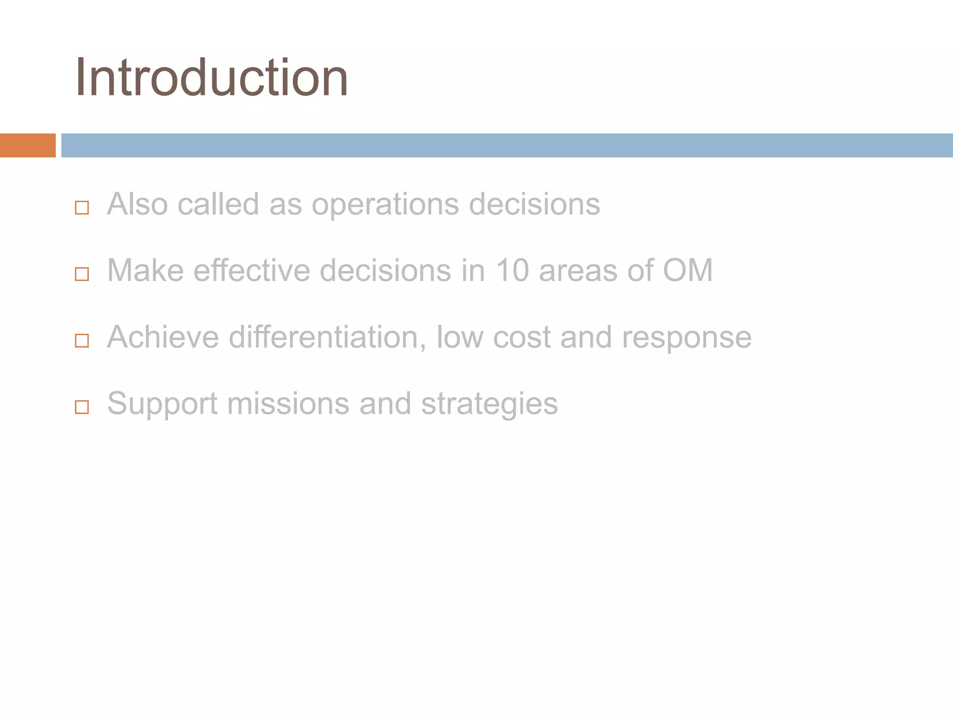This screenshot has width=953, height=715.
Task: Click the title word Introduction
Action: click(212, 77)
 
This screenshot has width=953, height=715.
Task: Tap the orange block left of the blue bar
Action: click(27, 145)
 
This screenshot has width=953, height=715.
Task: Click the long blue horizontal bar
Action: click(506, 145)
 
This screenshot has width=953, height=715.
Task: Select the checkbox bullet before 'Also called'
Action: click(82, 208)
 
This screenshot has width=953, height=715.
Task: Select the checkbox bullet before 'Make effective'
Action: click(82, 274)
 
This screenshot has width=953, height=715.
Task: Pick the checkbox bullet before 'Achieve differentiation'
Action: click(82, 341)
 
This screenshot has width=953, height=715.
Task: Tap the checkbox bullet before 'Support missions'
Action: click(82, 407)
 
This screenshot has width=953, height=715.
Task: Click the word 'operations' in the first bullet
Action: click(385, 205)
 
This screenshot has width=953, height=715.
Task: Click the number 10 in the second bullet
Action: click(512, 270)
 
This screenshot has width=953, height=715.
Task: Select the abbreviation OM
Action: click(687, 270)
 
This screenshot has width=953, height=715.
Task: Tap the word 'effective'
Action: click(252, 270)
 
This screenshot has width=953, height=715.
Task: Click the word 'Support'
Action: click(162, 404)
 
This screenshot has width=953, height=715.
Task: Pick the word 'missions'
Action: click(288, 404)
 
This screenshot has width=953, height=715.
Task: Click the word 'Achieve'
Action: click(163, 337)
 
